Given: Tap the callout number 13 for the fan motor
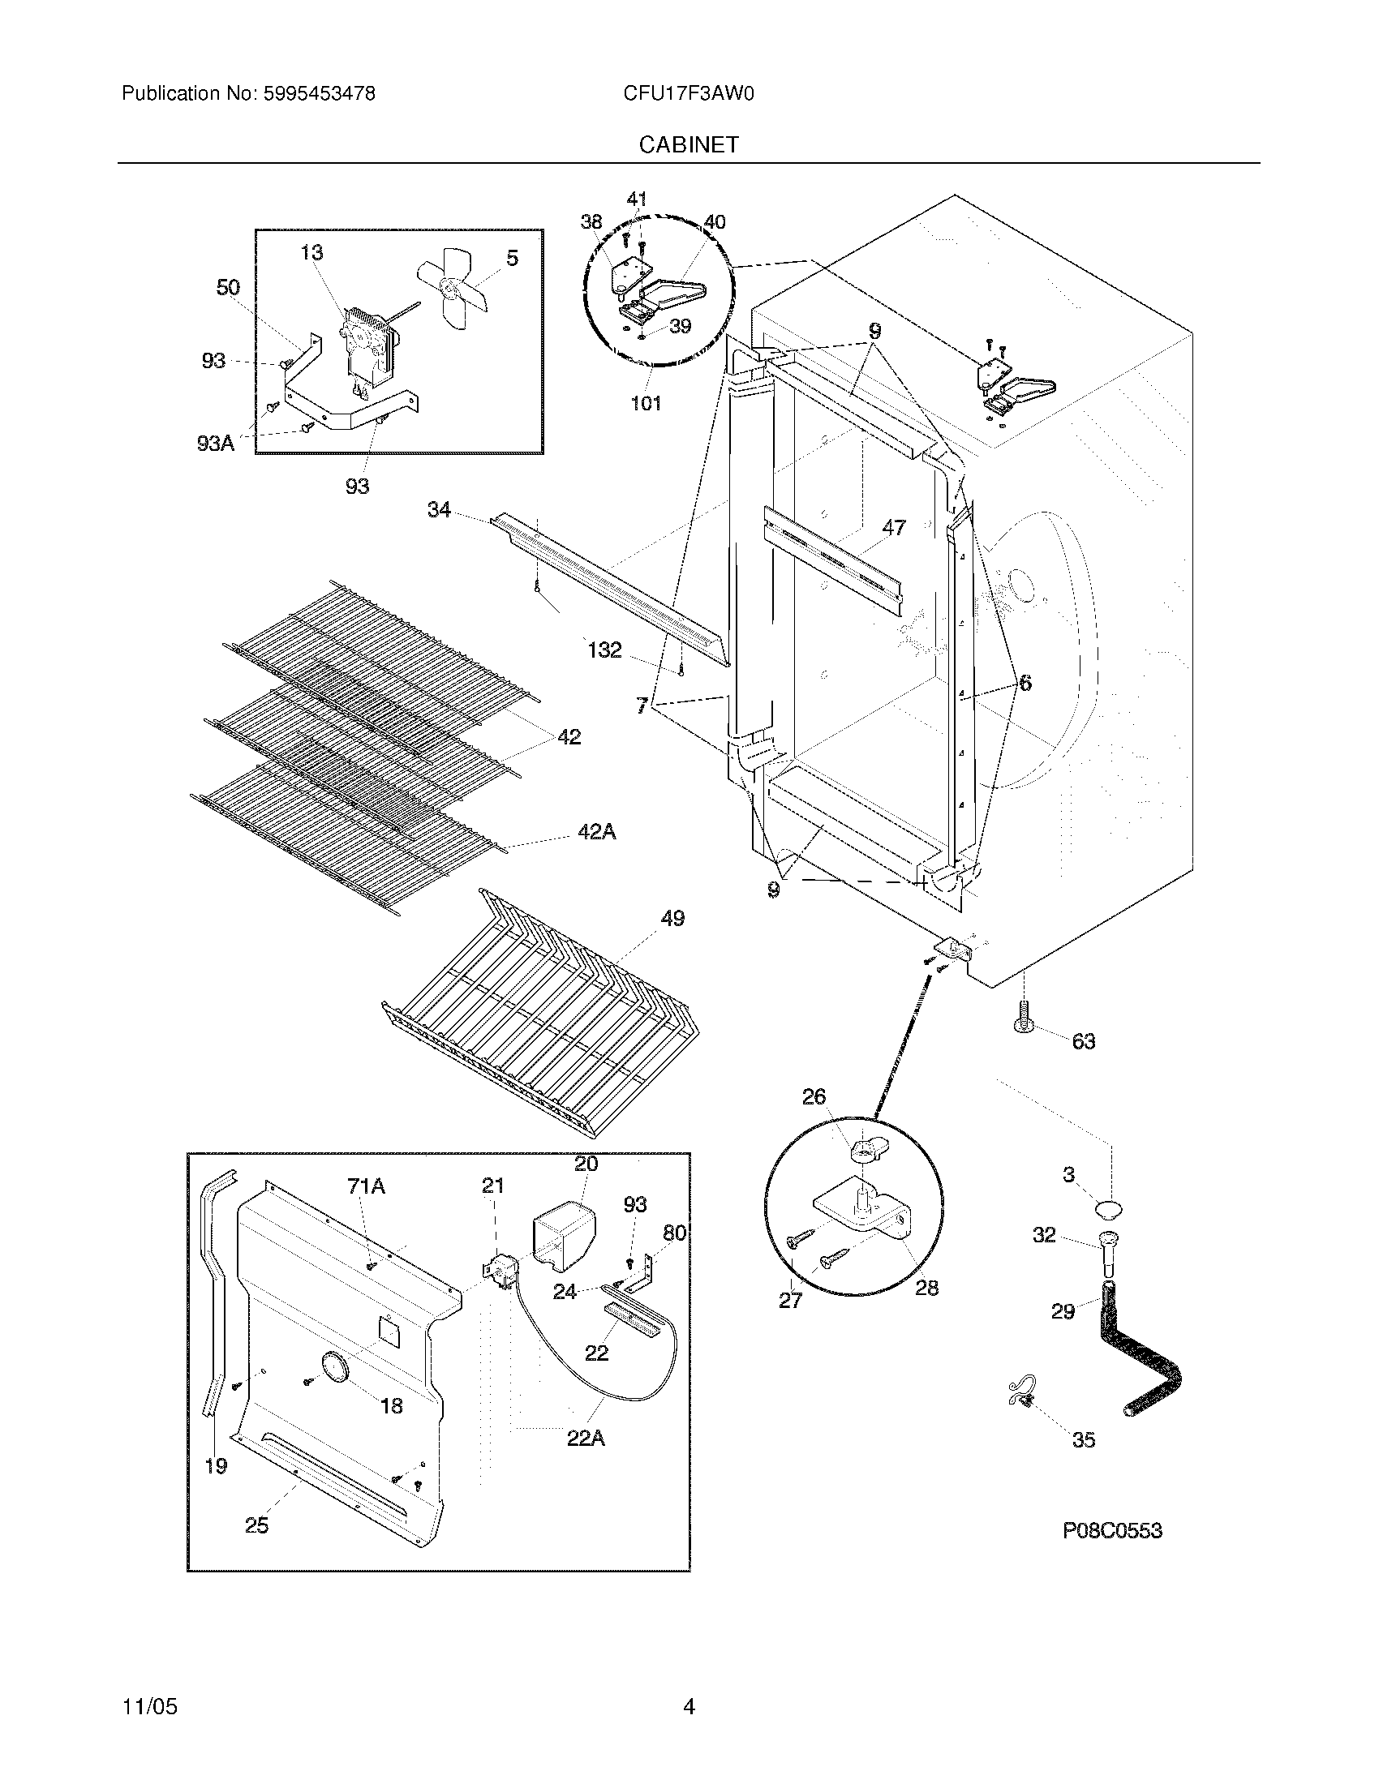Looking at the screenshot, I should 311,253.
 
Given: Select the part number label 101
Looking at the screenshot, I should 646,403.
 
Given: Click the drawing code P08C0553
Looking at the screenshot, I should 1112,1531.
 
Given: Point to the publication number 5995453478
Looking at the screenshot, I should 319,94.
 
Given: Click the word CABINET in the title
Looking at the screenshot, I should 689,144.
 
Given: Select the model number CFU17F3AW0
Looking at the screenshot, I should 688,94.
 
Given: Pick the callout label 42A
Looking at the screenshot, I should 596,831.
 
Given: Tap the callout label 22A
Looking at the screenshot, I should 586,1439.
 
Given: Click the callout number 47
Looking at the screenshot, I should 894,528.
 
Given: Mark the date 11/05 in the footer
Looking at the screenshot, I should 149,1706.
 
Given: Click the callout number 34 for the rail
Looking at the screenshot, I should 439,510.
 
